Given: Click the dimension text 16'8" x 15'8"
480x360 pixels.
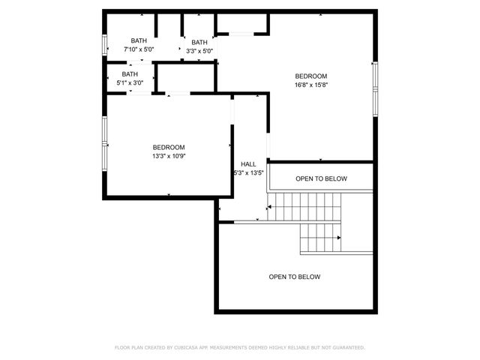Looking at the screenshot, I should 311,85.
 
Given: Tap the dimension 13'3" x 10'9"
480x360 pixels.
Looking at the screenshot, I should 169,156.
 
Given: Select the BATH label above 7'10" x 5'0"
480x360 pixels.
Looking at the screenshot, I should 139,40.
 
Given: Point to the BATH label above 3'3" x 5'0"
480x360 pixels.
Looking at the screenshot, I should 199,43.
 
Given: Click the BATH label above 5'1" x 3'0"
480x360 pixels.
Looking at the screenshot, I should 130,74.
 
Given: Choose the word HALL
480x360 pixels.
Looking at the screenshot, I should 248,164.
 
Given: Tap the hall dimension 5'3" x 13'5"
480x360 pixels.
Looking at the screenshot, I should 249,173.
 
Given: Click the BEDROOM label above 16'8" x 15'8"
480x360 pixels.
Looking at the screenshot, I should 311,76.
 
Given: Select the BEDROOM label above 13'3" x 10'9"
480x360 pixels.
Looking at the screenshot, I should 169,147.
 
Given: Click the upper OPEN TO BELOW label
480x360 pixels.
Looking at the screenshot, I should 321,178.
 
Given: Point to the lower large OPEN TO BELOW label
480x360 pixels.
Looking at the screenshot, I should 295,277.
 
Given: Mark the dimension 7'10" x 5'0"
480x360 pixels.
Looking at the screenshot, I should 139,49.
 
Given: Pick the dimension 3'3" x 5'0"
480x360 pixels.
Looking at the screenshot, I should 199,52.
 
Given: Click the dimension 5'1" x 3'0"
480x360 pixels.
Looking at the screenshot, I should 130,83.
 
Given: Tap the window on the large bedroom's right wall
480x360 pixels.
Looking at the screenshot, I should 375,89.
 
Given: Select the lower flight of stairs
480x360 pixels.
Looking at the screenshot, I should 321,239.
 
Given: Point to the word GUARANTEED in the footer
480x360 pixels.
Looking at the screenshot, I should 346,347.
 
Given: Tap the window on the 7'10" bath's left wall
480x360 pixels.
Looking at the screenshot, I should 105,43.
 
